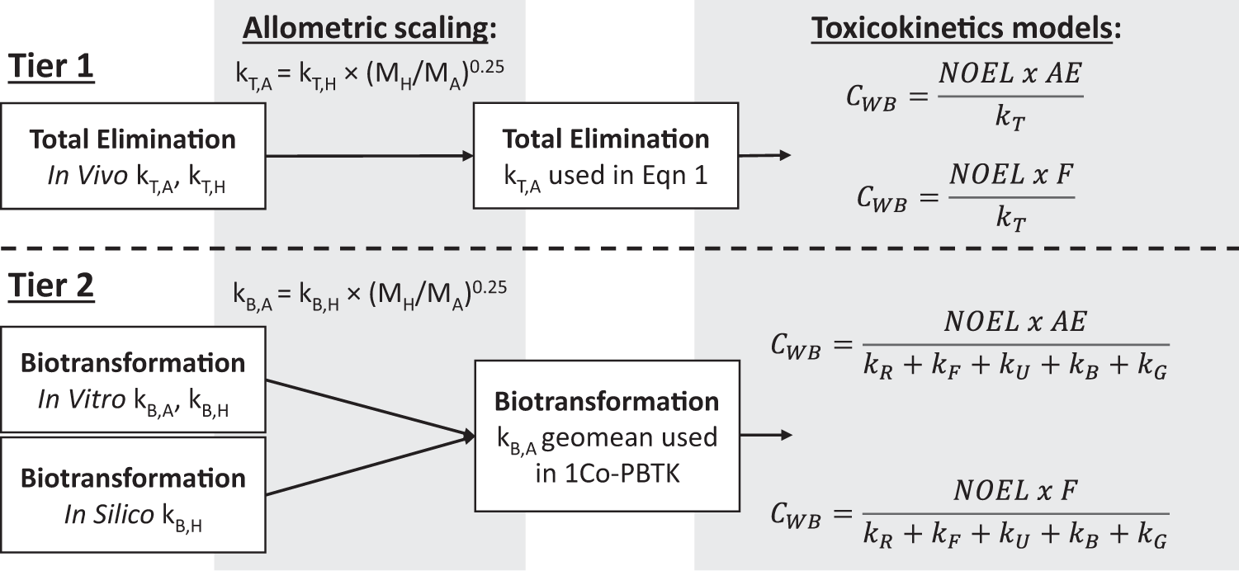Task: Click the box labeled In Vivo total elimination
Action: pyautogui.click(x=133, y=155)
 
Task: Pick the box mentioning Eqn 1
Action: pyautogui.click(x=605, y=155)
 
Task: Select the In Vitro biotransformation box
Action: pyautogui.click(x=133, y=379)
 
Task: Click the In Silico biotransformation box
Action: pyautogui.click(x=133, y=494)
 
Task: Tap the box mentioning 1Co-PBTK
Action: pyautogui.click(x=606, y=436)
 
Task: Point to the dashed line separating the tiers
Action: pyautogui.click(x=619, y=248)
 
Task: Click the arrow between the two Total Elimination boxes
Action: pyautogui.click(x=369, y=155)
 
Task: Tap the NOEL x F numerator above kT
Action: pyautogui.click(x=1010, y=175)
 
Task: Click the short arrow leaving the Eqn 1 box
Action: pyautogui.click(x=764, y=155)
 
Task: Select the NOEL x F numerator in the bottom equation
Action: pyautogui.click(x=1014, y=493)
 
